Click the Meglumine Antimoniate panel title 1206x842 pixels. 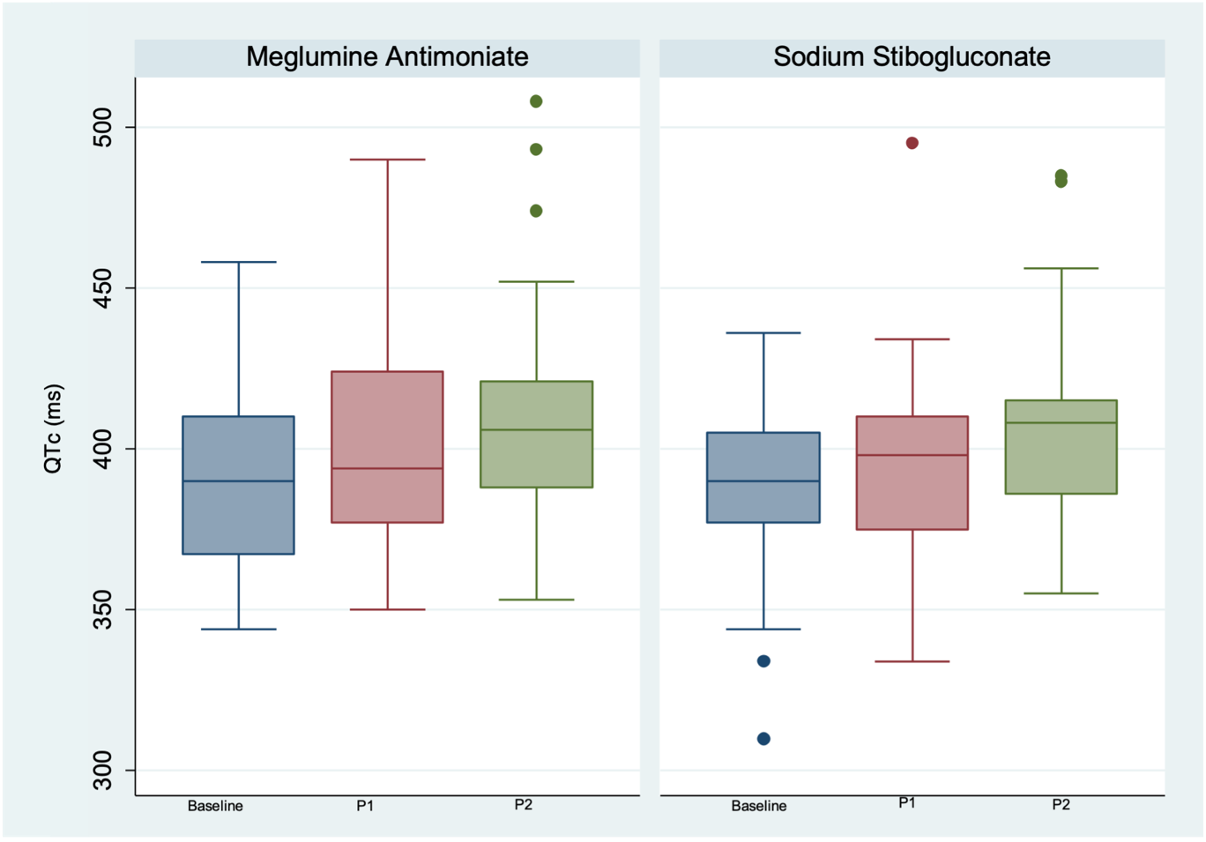387,57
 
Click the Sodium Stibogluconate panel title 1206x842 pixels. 912,57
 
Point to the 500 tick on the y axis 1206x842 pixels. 104,128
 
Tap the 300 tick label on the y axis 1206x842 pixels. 104,771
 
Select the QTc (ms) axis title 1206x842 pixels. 54,428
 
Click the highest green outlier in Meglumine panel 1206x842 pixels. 536,101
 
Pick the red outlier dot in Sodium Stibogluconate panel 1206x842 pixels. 912,143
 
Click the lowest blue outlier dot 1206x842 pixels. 763,739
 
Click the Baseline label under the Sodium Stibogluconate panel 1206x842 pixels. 759,806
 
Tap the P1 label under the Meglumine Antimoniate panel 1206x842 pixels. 365,806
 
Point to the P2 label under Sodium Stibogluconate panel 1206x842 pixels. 1061,805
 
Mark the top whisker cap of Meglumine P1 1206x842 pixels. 387,160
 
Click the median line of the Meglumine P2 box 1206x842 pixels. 536,429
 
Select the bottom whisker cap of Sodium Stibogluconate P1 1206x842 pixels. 912,661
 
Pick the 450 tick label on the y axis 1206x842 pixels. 104,288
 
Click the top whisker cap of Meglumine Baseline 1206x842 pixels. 238,262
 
